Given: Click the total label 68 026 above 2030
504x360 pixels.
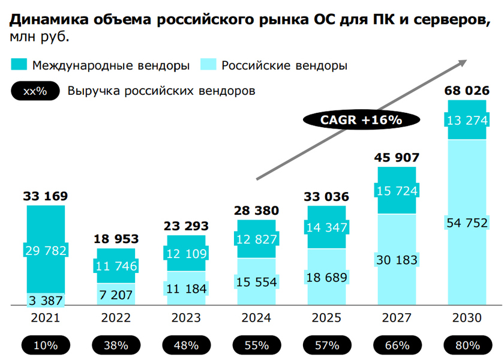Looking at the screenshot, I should click(x=467, y=91).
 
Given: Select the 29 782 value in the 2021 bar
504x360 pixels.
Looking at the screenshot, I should click(x=46, y=250).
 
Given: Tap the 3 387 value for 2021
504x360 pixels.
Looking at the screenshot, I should click(x=46, y=300).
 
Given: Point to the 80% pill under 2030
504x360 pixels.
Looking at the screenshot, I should click(x=467, y=345).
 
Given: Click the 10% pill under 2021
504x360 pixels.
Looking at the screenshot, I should click(x=46, y=345).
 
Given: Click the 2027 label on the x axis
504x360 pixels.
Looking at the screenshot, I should click(x=397, y=318).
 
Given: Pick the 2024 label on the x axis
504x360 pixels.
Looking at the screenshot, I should click(x=256, y=318).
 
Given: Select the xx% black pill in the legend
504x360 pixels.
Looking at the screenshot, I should click(x=36, y=91).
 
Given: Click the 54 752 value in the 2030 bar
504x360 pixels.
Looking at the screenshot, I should click(x=467, y=223).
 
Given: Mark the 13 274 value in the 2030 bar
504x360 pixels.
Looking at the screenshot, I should click(x=467, y=121).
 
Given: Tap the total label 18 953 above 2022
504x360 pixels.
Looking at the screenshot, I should click(x=116, y=239).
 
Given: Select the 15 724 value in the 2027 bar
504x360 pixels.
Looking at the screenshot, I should click(x=397, y=190).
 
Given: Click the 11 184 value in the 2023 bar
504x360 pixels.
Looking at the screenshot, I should click(x=186, y=289).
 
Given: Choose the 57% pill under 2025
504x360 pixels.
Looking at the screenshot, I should click(x=326, y=345).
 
